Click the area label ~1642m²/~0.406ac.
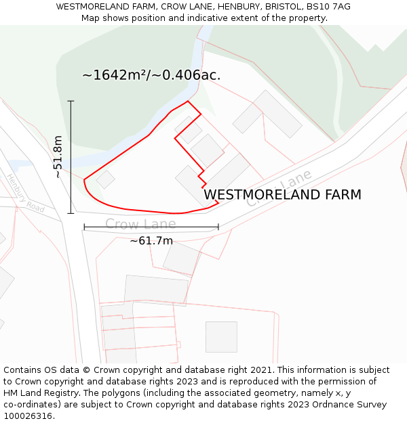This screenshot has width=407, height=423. click(x=151, y=75)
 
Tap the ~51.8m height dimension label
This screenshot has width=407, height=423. click(x=58, y=157)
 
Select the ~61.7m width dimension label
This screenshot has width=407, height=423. click(x=151, y=240)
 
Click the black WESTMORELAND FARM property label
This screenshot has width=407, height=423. click(x=282, y=195)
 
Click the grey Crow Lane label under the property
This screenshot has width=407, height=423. click(x=140, y=224)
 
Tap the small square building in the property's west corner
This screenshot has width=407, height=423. click(x=104, y=179)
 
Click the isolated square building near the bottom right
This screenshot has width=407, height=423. click(x=221, y=336)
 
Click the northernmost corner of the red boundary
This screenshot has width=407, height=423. click(x=188, y=102)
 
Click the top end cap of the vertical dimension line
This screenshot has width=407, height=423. click(x=71, y=101)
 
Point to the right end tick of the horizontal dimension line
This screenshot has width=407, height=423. click(x=218, y=227)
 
